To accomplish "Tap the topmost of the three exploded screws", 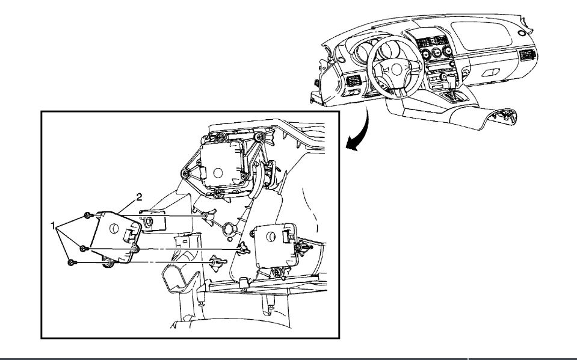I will pyautogui.click(x=88, y=215).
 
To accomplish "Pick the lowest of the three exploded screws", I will pyautogui.click(x=72, y=262).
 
